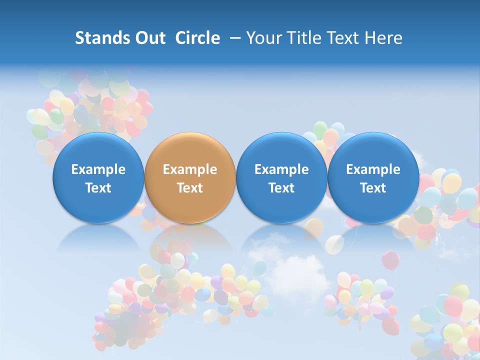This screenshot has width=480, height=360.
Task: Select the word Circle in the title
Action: tap(197, 38)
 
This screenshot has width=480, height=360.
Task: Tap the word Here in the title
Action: tap(383, 38)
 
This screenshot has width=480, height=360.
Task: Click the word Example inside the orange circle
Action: tap(189, 169)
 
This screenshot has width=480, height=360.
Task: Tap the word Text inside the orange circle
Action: tap(189, 188)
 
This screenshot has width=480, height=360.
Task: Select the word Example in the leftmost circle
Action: tap(98, 169)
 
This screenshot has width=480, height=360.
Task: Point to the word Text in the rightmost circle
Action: tap(373, 188)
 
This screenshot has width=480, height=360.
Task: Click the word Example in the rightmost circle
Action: tap(373, 169)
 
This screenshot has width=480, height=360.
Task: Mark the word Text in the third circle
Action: tap(281, 188)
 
